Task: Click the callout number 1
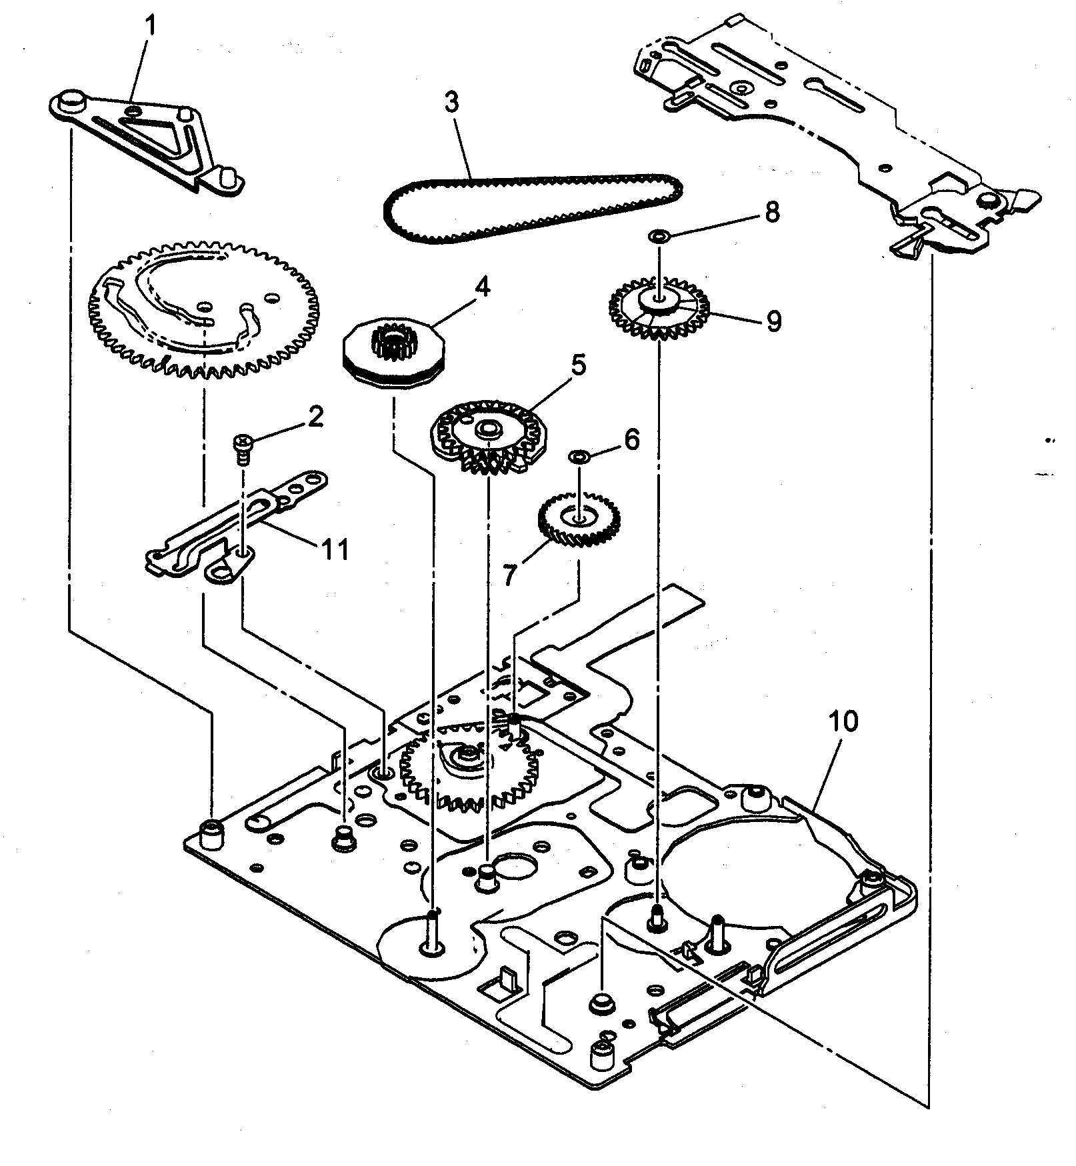[151, 27]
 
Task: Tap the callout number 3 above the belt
[451, 103]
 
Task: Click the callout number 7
[509, 574]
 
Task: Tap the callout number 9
[773, 322]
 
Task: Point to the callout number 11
[335, 550]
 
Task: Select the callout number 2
[315, 417]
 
